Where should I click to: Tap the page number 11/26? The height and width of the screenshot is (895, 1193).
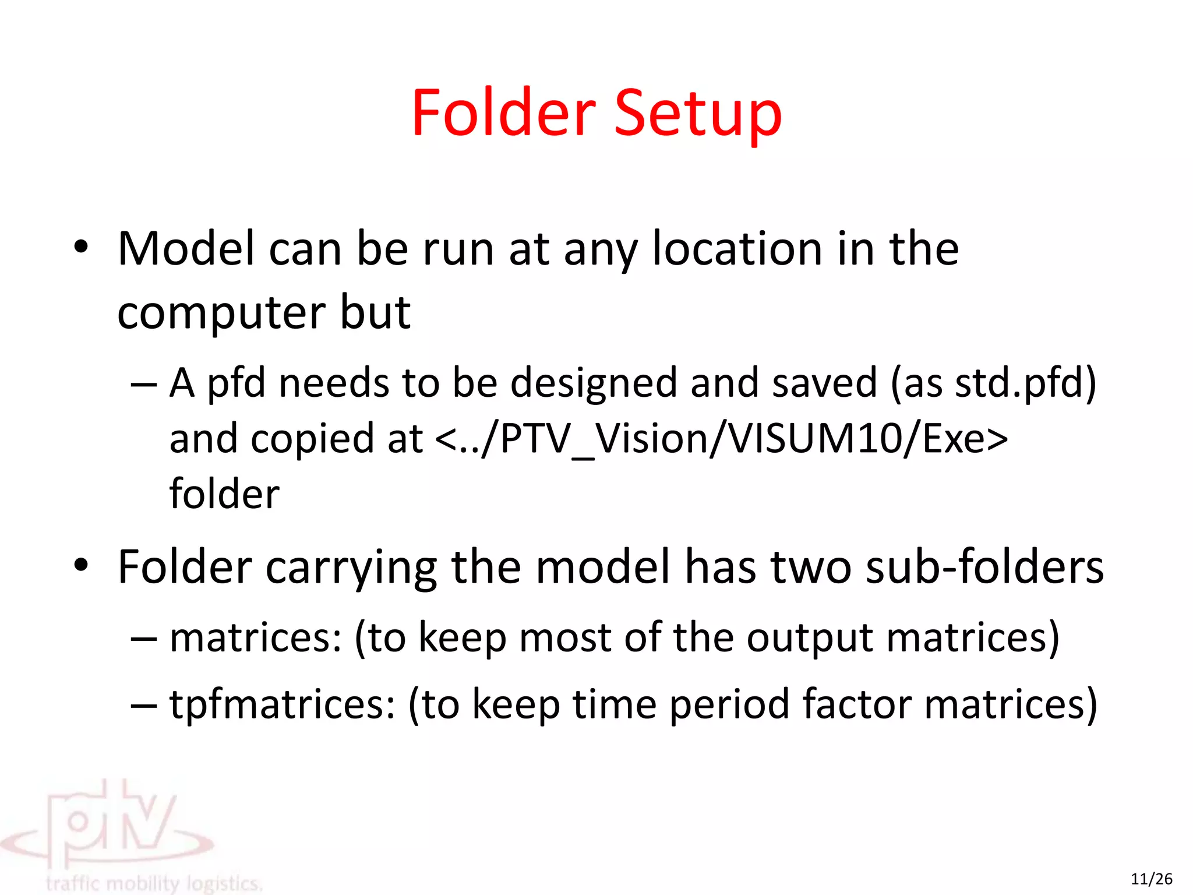tap(1151, 879)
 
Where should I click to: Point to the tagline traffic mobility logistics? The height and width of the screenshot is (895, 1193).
tap(154, 883)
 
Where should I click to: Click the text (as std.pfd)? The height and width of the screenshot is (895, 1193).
tap(993, 383)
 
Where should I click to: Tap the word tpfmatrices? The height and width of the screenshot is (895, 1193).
tap(283, 704)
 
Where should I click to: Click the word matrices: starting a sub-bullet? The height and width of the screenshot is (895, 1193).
tap(256, 637)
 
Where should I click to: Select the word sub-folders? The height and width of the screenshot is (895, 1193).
tap(984, 567)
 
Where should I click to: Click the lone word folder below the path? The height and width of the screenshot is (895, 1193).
tap(224, 494)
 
